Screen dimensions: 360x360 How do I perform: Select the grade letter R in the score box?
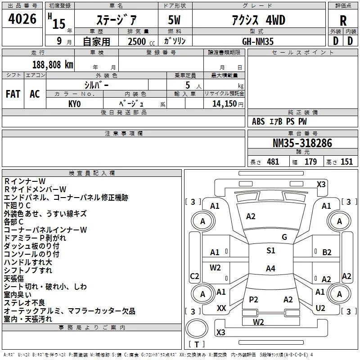(343, 20)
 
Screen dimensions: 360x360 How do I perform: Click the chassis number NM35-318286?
(302, 143)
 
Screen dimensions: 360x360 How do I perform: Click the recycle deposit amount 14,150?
(224, 103)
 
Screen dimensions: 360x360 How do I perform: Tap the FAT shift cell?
(13, 94)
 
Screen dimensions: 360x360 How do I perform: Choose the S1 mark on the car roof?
(270, 251)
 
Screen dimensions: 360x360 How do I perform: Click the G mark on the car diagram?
(284, 237)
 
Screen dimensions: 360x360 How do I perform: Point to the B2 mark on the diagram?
(327, 252)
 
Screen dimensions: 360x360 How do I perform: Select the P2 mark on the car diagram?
(253, 299)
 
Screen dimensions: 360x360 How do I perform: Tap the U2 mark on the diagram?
(320, 308)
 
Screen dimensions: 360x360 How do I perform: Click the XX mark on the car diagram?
(221, 308)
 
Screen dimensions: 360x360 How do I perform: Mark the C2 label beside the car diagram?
(194, 276)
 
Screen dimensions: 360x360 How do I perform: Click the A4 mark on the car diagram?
(270, 269)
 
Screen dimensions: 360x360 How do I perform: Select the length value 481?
(273, 162)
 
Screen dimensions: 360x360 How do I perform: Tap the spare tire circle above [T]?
(197, 329)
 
